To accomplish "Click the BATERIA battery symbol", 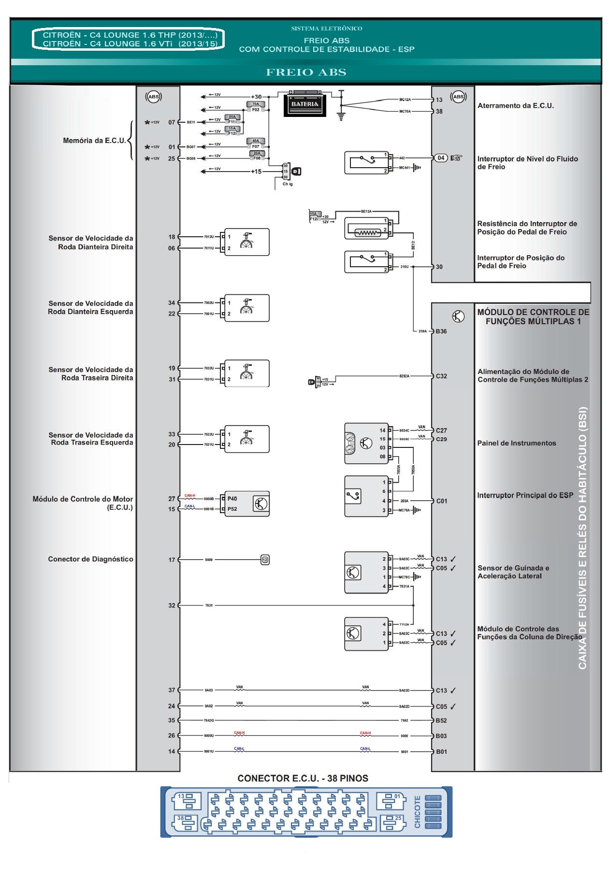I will coord(304,103).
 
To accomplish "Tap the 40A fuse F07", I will coord(256,144).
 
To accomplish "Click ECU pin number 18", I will coord(172,237).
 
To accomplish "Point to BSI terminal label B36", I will coord(441,331).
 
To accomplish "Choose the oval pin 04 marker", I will coord(441,158).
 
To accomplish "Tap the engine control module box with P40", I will coord(246,504).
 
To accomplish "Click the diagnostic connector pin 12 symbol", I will coord(265,560).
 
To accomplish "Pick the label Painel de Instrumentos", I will coord(517,443).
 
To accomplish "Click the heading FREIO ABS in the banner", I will coord(306,72).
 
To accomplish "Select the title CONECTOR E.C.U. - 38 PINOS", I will coord(303,778).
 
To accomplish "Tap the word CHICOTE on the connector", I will coord(418,812).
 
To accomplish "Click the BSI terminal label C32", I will coord(441,376).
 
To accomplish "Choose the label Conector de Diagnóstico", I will coord(90,559).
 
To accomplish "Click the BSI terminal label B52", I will coord(441,720).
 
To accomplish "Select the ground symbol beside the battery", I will coord(341,115).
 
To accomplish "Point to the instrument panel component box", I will coord(366,443).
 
